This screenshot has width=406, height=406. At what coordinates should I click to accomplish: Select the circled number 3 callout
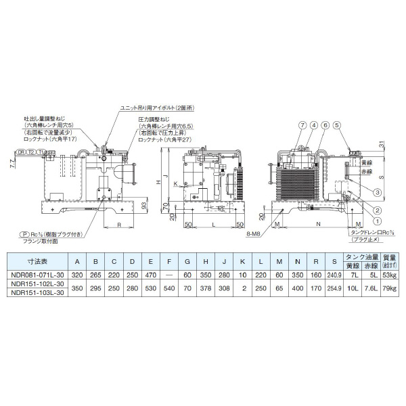pyautogui.click(x=376, y=192)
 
